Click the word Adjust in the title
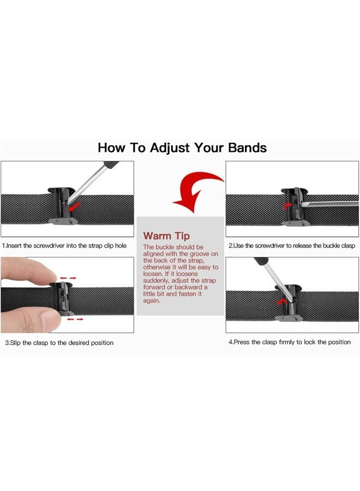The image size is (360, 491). coord(170,148)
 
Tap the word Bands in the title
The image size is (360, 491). coord(247,148)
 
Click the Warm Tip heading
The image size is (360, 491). coord(166,236)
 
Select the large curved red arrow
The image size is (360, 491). coord(197,191)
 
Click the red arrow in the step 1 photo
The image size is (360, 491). coord(75,207)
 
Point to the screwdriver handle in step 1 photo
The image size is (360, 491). coord(111,165)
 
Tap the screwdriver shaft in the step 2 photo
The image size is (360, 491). coord(330,204)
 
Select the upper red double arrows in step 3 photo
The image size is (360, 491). coord(68,278)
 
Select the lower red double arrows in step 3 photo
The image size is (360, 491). coord(75,319)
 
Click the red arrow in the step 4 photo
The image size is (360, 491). coord(281,302)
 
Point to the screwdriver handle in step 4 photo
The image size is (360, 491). coord(261,261)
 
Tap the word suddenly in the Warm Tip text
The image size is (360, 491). coord(156,281)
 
